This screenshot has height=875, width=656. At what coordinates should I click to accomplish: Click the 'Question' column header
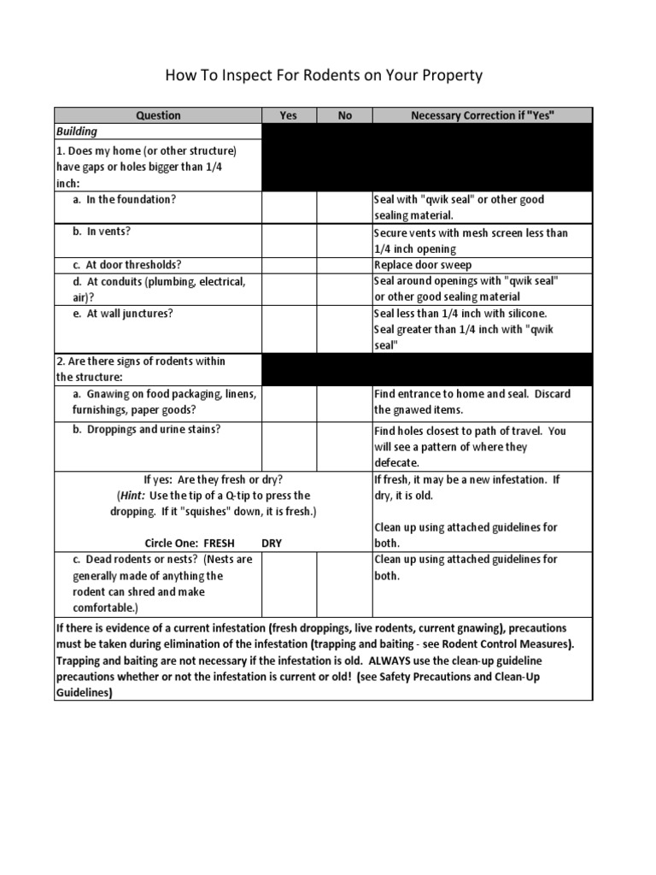click(159, 115)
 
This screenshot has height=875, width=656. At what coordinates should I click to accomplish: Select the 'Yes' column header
click(289, 115)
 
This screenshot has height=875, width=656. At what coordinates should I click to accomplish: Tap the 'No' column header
click(344, 115)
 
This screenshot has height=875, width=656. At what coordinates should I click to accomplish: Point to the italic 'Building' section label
click(77, 132)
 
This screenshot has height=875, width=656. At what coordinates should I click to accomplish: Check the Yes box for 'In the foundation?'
click(289, 208)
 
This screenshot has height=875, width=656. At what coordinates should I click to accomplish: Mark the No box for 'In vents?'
click(344, 241)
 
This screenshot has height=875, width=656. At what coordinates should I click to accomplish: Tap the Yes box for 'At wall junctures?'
click(289, 329)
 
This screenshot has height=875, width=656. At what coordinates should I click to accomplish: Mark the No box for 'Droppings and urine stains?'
click(344, 446)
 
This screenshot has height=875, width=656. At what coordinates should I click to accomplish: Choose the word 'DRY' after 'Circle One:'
click(272, 543)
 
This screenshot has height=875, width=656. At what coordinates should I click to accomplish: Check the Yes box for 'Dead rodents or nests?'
click(289, 584)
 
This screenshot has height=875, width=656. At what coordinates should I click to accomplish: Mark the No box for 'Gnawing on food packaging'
click(344, 402)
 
